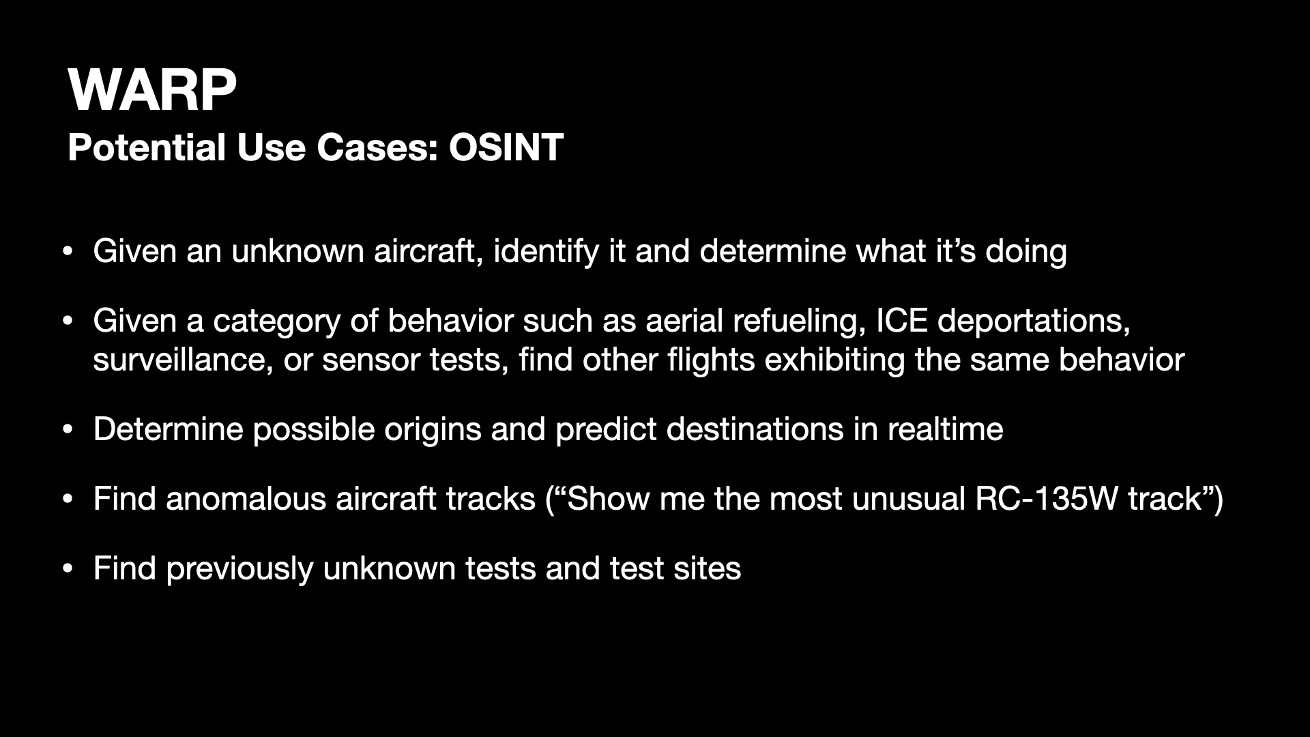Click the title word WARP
[x=152, y=91]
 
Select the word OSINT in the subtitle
[x=506, y=147]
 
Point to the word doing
[x=1026, y=252]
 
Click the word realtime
[x=945, y=429]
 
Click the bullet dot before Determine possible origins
[x=67, y=431]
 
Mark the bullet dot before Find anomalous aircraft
[x=67, y=500]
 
